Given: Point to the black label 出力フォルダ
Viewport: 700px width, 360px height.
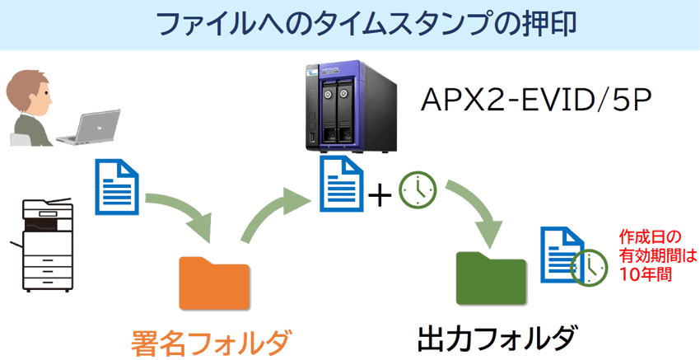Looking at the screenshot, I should [x=494, y=339].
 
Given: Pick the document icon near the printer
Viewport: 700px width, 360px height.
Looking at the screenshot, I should [x=117, y=185].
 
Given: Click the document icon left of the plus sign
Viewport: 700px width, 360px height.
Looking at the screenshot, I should [x=340, y=185].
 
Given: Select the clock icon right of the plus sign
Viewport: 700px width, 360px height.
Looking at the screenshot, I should [x=418, y=192].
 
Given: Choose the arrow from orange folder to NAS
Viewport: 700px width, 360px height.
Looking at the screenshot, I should [x=276, y=210].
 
